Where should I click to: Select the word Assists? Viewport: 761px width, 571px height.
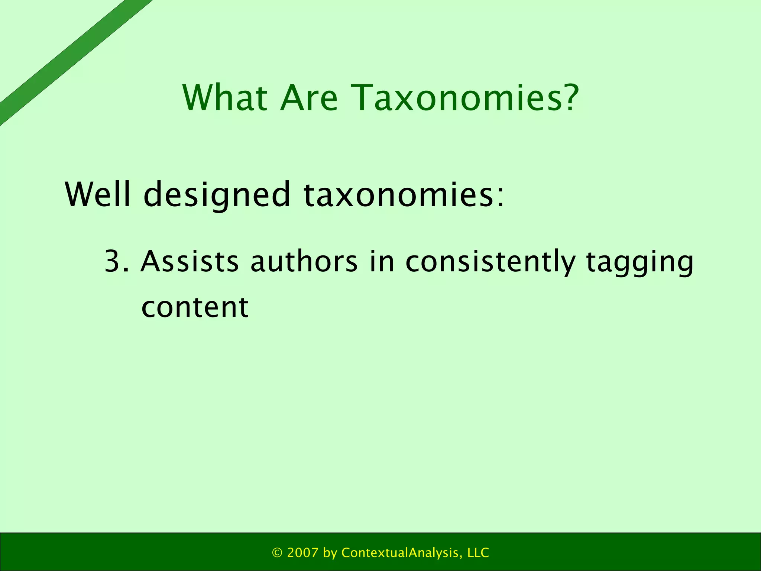point(190,261)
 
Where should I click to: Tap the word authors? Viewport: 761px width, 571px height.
point(304,261)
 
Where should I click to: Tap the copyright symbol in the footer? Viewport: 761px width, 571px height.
point(277,553)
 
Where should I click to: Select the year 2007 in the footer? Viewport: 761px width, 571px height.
point(303,553)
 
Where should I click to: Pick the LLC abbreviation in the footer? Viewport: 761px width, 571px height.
point(478,553)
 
